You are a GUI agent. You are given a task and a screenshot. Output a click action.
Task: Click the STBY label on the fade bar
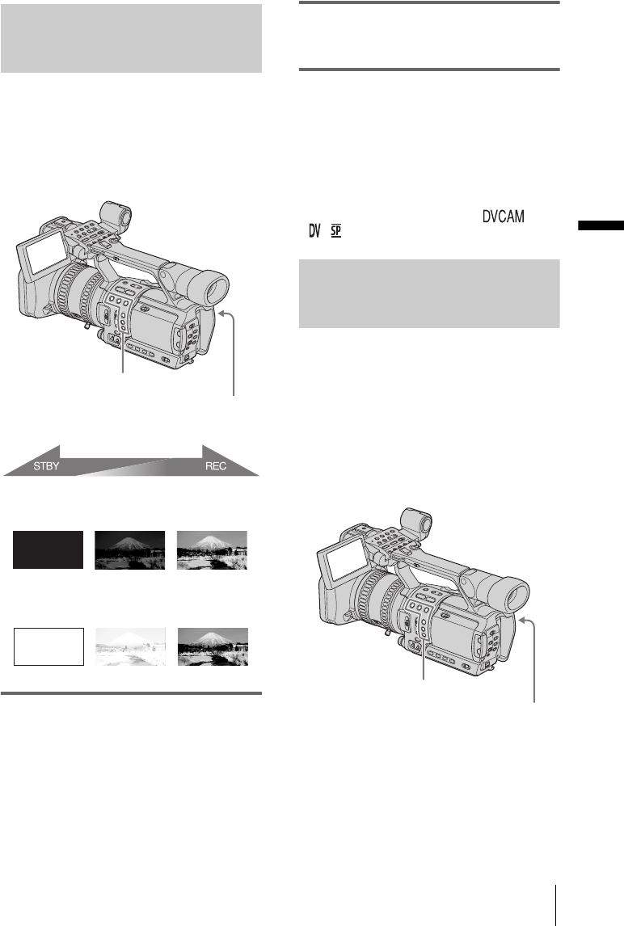pyautogui.click(x=46, y=466)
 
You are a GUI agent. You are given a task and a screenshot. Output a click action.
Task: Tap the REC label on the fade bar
pyautogui.click(x=216, y=466)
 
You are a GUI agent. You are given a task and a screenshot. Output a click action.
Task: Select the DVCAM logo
pyautogui.click(x=504, y=217)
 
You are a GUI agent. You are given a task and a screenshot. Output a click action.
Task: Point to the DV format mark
pyautogui.click(x=315, y=231)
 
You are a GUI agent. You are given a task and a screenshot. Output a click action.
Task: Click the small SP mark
pyautogui.click(x=336, y=231)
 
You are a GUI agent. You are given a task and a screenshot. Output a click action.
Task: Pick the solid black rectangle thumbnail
pyautogui.click(x=48, y=549)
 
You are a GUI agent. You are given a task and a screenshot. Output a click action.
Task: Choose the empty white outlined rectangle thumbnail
pyautogui.click(x=48, y=646)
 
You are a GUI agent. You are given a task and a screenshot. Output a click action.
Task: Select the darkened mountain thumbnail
pyautogui.click(x=130, y=549)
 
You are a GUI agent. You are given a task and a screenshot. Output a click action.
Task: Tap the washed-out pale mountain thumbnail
pyautogui.click(x=131, y=646)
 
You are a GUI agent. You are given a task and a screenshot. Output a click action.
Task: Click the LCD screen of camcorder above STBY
pyautogui.click(x=45, y=252)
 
